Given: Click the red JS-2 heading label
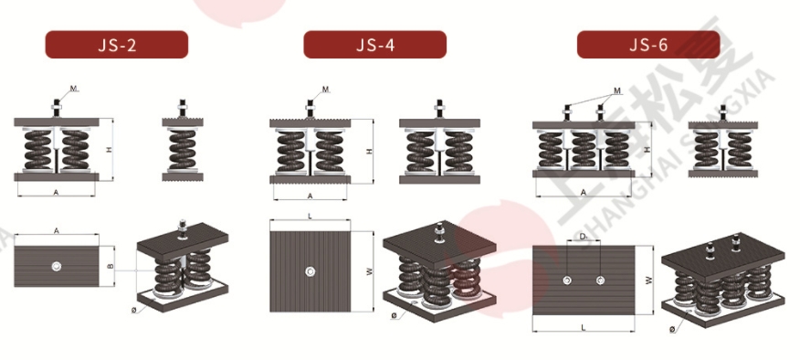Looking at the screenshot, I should [117, 45].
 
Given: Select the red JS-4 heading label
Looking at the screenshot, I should [374, 45].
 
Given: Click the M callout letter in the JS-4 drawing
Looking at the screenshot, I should [326, 90].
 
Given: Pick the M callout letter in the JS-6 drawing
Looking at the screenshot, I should [617, 90].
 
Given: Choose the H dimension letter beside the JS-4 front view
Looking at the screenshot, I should [369, 151].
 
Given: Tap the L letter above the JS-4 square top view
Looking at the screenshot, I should [311, 216].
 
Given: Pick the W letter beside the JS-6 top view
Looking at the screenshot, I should [648, 281].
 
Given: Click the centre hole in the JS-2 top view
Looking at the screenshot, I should [57, 267].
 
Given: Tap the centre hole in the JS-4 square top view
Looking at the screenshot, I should [311, 271].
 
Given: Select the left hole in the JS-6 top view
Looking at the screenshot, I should [567, 279].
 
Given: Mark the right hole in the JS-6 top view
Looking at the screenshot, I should [599, 279].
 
